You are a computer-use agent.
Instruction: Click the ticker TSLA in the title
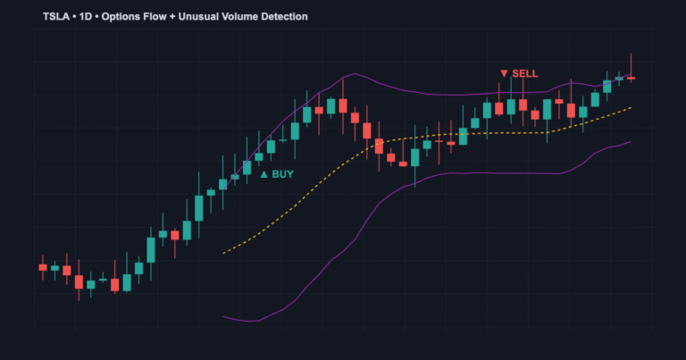57,17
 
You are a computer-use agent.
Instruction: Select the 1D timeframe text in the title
88,17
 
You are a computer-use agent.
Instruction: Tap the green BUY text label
282,174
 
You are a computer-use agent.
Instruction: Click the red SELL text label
525,73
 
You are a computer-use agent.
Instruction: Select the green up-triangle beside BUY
264,174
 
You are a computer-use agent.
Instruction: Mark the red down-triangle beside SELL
504,73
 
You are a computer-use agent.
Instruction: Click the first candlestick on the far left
42,266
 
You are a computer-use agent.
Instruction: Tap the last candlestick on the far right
631,78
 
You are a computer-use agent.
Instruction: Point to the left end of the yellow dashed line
223,253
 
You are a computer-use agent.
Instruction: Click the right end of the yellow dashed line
632,107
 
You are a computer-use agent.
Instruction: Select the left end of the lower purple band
223,315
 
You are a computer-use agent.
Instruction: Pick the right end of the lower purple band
632,141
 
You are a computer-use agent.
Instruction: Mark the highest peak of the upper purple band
355,74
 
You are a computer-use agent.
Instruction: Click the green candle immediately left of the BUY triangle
247,167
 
